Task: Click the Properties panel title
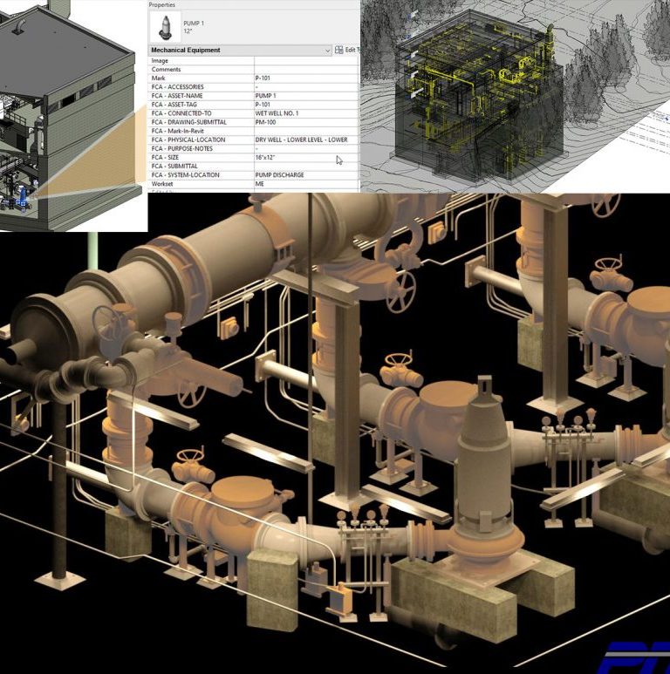tap(162, 4)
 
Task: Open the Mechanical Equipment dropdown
tap(327, 51)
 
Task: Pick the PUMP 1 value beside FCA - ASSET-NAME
tap(265, 96)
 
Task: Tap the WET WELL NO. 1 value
tap(277, 113)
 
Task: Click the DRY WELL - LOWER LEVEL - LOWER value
tap(301, 140)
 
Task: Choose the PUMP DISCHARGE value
tap(279, 175)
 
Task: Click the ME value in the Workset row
tap(260, 184)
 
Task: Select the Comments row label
tap(166, 70)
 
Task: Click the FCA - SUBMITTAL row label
tap(174, 167)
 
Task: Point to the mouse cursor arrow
tap(339, 160)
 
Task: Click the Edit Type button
tap(347, 51)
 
